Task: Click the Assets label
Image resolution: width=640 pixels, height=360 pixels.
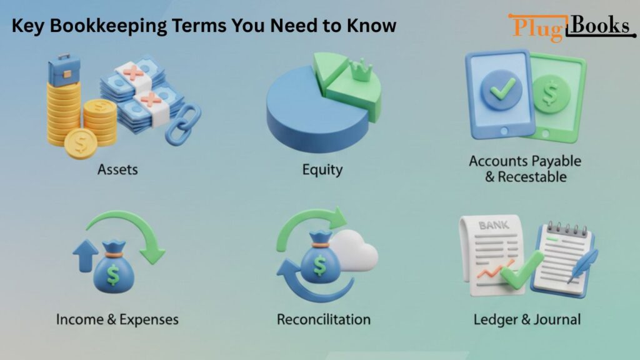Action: [x=117, y=169]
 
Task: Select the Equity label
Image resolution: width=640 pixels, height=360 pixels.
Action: [x=322, y=169]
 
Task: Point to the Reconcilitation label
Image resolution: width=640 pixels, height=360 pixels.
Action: [x=323, y=319]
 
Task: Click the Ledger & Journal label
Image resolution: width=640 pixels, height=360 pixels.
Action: [x=527, y=319]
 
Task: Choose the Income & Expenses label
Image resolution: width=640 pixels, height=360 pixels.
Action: [x=117, y=319]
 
